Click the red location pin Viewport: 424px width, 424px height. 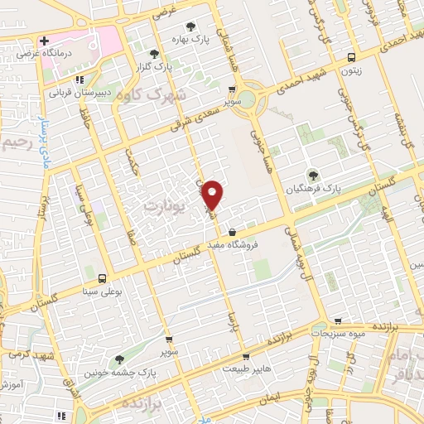pyautogui.click(x=213, y=194)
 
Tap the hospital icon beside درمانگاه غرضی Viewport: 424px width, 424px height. pyautogui.click(x=44, y=41)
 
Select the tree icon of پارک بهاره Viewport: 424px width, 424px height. pyautogui.click(x=192, y=26)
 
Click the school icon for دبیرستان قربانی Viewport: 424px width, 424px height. pyautogui.click(x=79, y=80)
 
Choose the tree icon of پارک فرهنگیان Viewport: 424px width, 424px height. pyautogui.click(x=313, y=175)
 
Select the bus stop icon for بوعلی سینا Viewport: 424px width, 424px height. pyautogui.click(x=102, y=279)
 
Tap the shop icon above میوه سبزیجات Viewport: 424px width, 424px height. pyautogui.click(x=337, y=320)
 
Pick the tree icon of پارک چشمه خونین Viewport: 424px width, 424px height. pyautogui.click(x=120, y=359)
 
